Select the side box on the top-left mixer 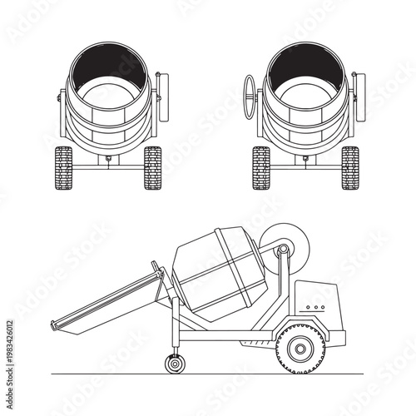(x=163, y=89)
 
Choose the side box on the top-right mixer (x=359, y=89)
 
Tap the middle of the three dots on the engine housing (x=314, y=307)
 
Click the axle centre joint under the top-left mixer (x=108, y=158)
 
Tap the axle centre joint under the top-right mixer (x=306, y=158)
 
